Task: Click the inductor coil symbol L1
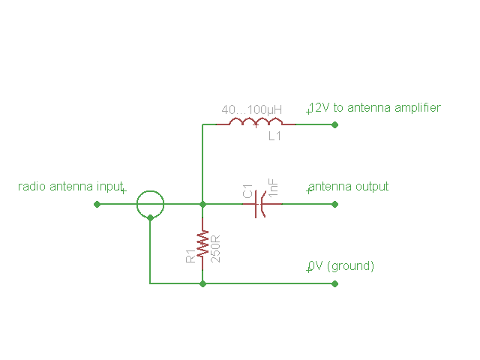click(255, 122)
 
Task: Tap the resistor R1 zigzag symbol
click(202, 243)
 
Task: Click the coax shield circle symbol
click(150, 203)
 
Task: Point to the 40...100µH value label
click(251, 109)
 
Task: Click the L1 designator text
click(274, 136)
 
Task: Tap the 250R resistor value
click(215, 247)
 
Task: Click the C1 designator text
click(247, 192)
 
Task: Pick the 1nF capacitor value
click(274, 187)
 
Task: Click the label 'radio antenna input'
click(70, 186)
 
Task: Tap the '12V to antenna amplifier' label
click(376, 107)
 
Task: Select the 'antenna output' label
click(349, 186)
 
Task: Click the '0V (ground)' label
click(342, 265)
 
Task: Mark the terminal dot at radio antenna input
click(97, 203)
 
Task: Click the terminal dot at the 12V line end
click(335, 124)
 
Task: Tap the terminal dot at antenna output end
click(335, 203)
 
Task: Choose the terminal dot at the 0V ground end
click(335, 283)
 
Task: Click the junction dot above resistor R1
click(202, 203)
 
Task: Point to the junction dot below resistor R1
click(202, 283)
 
